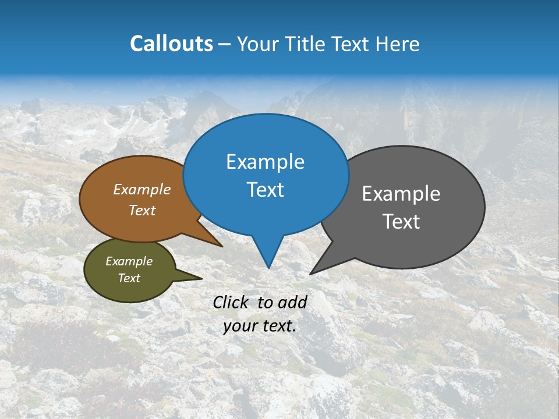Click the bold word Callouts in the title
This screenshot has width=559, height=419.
pos(171,44)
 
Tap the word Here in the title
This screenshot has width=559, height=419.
pos(397,44)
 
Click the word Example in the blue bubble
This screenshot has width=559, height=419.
pos(265,162)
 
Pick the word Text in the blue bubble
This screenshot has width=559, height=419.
pos(265,190)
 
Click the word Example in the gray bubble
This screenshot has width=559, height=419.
pos(401,194)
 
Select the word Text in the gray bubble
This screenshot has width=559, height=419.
pos(401,222)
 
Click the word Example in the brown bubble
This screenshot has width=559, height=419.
pos(142,189)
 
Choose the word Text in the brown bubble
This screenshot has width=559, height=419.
pos(142,210)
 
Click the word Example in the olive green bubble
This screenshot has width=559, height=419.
pos(129,261)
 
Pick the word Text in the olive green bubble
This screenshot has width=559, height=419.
pos(129,278)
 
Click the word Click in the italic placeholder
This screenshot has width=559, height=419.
pos(232,302)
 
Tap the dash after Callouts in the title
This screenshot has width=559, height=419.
pos(225,44)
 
